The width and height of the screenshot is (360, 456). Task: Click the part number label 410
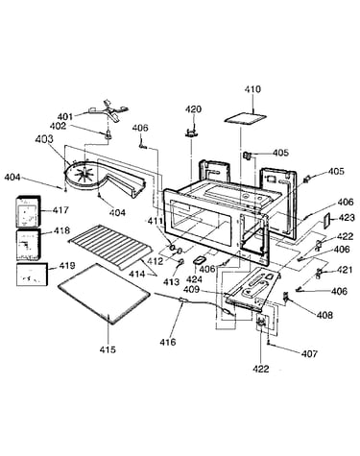(x=252, y=89)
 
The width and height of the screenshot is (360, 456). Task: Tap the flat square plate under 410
(x=246, y=119)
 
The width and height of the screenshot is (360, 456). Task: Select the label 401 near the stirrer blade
(x=65, y=116)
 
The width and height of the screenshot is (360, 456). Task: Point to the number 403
(x=44, y=139)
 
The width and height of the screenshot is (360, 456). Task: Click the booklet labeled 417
(x=28, y=211)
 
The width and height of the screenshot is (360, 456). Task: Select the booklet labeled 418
(x=28, y=245)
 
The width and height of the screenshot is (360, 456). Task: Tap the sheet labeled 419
(x=32, y=275)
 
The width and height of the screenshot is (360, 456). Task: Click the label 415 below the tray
(x=108, y=349)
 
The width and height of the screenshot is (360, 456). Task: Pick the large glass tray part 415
(x=104, y=294)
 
